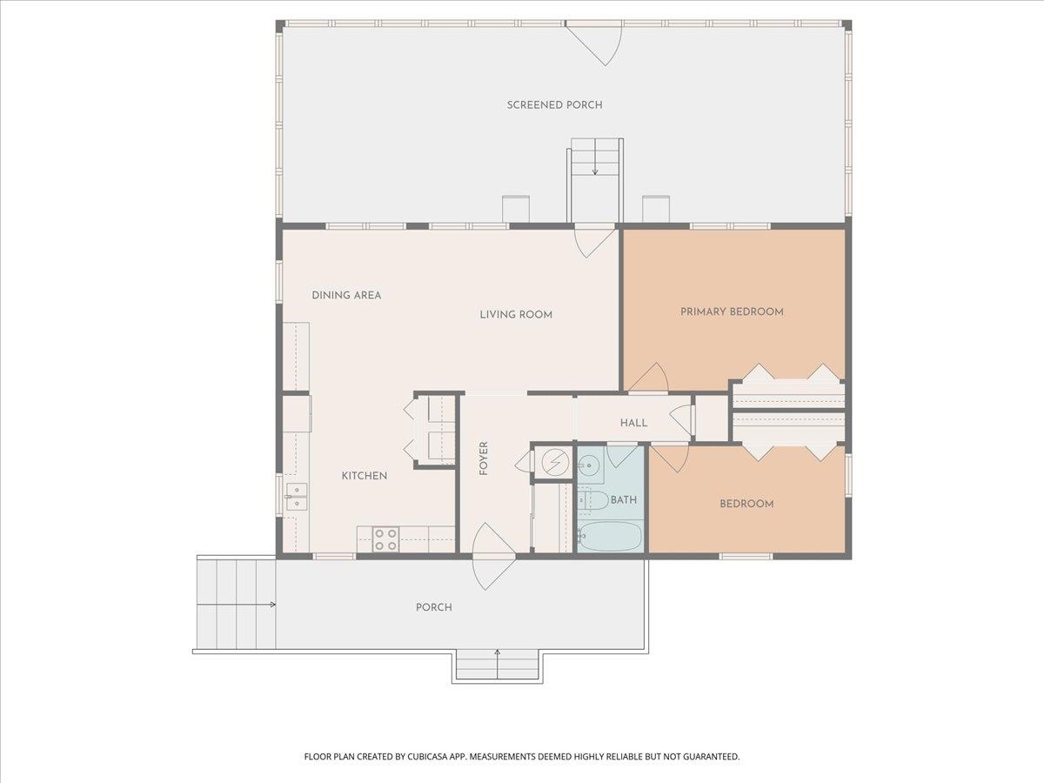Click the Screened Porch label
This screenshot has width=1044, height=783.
554,105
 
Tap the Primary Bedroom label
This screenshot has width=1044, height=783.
732,311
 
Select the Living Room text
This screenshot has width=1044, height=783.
516,315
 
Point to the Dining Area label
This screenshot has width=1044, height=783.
346,295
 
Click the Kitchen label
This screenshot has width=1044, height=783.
365,476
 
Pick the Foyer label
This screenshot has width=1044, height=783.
484,458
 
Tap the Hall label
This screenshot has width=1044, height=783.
633,423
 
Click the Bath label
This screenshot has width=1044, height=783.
624,499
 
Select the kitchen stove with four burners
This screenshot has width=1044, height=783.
385,539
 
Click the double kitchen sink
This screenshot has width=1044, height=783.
297,497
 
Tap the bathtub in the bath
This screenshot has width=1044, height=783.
610,536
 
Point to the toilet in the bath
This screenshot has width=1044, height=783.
592,500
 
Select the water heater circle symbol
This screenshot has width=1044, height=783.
555,461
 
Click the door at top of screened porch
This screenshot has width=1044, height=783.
594,43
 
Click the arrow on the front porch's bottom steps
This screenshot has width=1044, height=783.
498,664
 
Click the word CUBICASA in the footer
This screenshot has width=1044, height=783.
425,756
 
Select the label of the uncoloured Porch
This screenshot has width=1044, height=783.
434,607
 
